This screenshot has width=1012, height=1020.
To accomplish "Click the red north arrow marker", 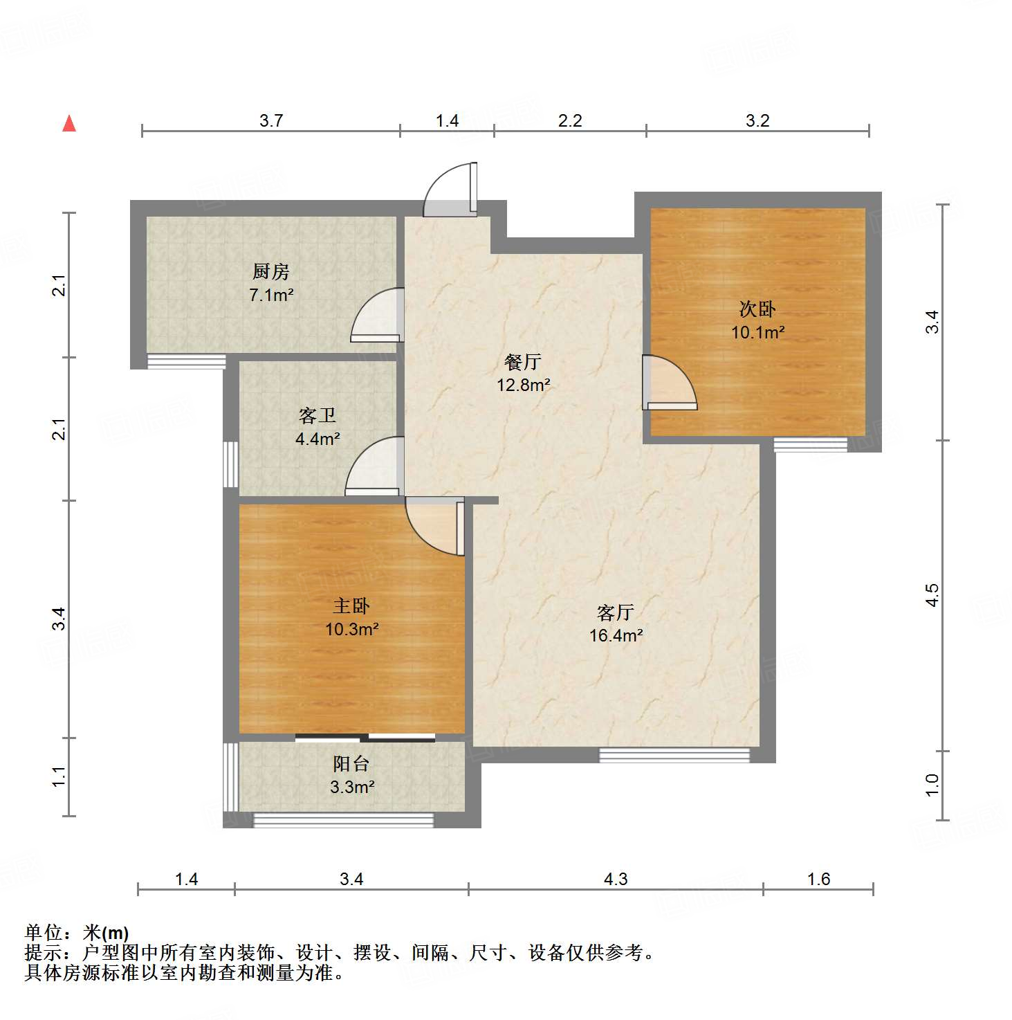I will pos(69,124).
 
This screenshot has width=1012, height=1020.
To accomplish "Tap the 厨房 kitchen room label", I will pos(270,271).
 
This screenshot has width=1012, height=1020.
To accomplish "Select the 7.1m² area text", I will pos(271,295).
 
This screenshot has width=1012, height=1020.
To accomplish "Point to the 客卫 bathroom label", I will pos(318,415).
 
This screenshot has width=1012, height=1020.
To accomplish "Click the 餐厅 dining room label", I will pos(523,361).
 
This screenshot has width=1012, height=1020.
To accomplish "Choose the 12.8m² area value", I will pos(524,385).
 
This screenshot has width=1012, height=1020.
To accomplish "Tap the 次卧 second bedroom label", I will pos(757,309).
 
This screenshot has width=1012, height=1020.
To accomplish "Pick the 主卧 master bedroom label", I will pos(351,606).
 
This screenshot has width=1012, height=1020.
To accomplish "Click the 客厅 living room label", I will pos(616,612).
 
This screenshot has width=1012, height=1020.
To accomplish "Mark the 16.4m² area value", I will pos(616,635).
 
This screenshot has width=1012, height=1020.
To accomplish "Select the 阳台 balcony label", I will pos(351,764).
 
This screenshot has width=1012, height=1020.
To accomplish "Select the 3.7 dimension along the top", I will pos(271,121).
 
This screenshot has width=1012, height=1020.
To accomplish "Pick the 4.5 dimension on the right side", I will pos(932,595).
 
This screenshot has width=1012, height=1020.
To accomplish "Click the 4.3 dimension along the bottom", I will pos(616,880).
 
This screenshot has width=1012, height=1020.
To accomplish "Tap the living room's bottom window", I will pos(674,755).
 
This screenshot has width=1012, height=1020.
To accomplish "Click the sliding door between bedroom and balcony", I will pos(365,738).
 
